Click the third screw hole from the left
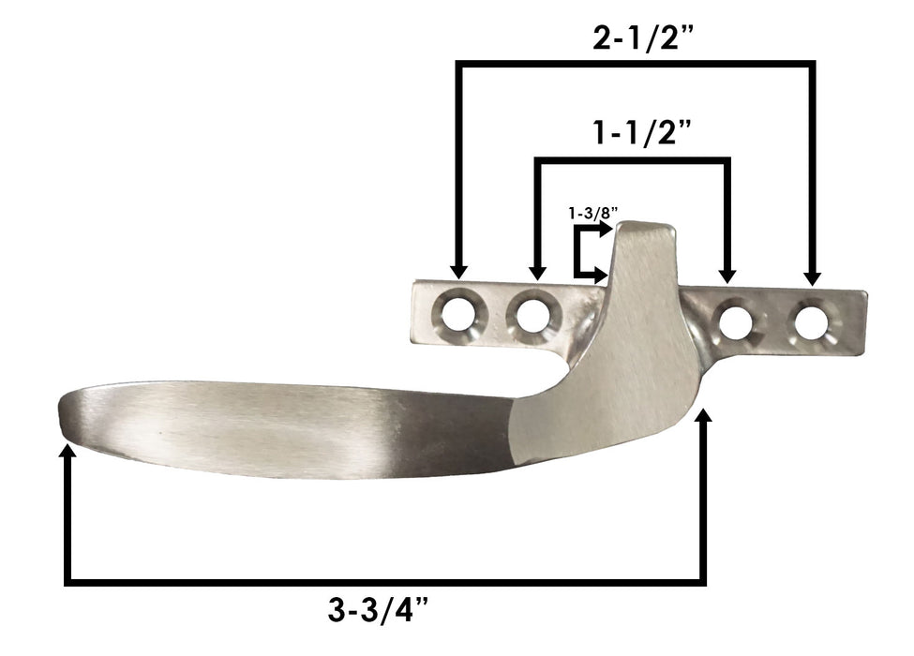coord(736,321)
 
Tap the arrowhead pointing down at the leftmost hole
coord(458,272)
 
